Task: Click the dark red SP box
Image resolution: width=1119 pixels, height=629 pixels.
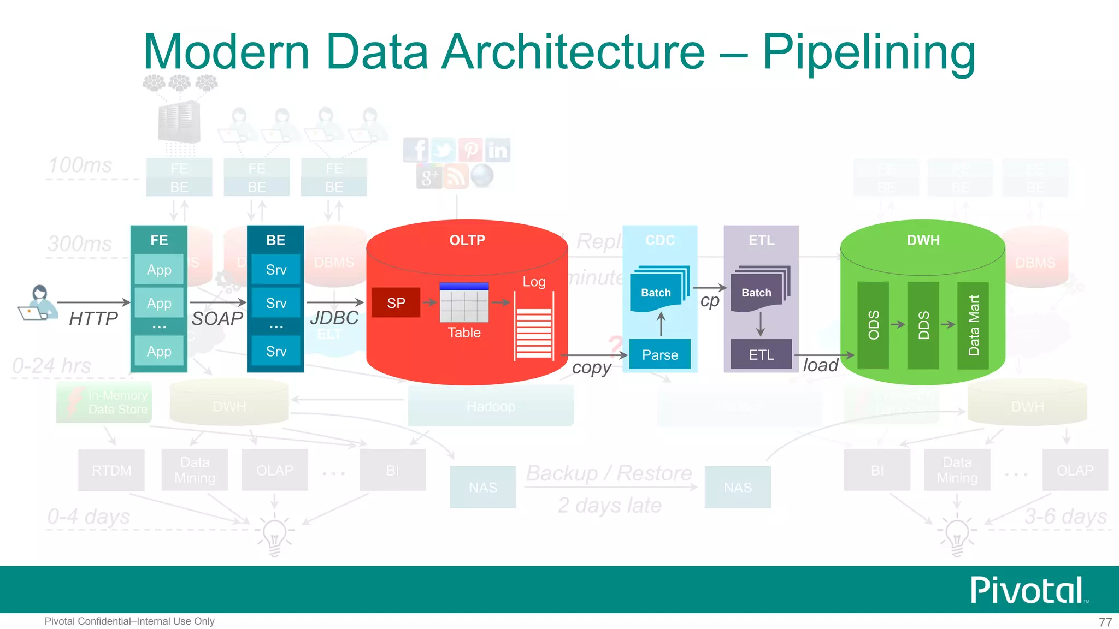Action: tap(396, 302)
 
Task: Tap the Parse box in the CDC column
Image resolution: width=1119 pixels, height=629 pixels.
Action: tap(659, 354)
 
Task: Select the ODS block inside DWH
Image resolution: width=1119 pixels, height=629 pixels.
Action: tap(873, 325)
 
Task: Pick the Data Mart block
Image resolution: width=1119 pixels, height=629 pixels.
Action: tap(973, 325)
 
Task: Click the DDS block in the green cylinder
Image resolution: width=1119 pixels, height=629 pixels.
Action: tap(923, 325)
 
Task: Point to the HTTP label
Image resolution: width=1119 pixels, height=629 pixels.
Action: tap(93, 318)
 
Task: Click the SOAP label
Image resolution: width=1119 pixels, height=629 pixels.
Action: tap(217, 318)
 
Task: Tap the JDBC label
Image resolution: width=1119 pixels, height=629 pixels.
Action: tap(334, 318)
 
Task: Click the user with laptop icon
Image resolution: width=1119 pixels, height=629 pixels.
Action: tap(38, 303)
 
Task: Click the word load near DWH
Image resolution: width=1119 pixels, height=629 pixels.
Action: tap(820, 365)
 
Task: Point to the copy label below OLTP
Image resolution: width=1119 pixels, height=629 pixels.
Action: tap(591, 367)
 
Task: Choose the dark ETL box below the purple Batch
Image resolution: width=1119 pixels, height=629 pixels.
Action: tap(761, 354)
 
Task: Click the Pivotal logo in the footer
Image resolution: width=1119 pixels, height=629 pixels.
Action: tap(1027, 590)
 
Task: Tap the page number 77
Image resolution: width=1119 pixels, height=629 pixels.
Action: tap(1105, 622)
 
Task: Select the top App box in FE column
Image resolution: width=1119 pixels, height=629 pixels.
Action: tap(159, 269)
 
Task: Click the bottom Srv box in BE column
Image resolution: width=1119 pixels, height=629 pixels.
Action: tap(276, 351)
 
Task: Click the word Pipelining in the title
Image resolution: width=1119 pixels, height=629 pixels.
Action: tap(869, 52)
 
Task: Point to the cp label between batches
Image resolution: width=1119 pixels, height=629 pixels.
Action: tap(710, 301)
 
